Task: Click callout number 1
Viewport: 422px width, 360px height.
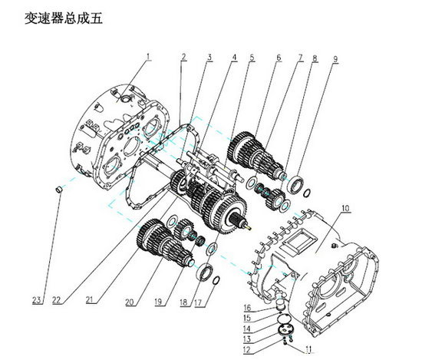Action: pyautogui.click(x=150, y=55)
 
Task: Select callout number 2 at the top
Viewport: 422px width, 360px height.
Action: pyautogui.click(x=184, y=58)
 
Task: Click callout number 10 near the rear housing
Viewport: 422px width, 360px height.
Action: pyautogui.click(x=345, y=208)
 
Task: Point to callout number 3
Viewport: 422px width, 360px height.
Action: pyautogui.click(x=209, y=58)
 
